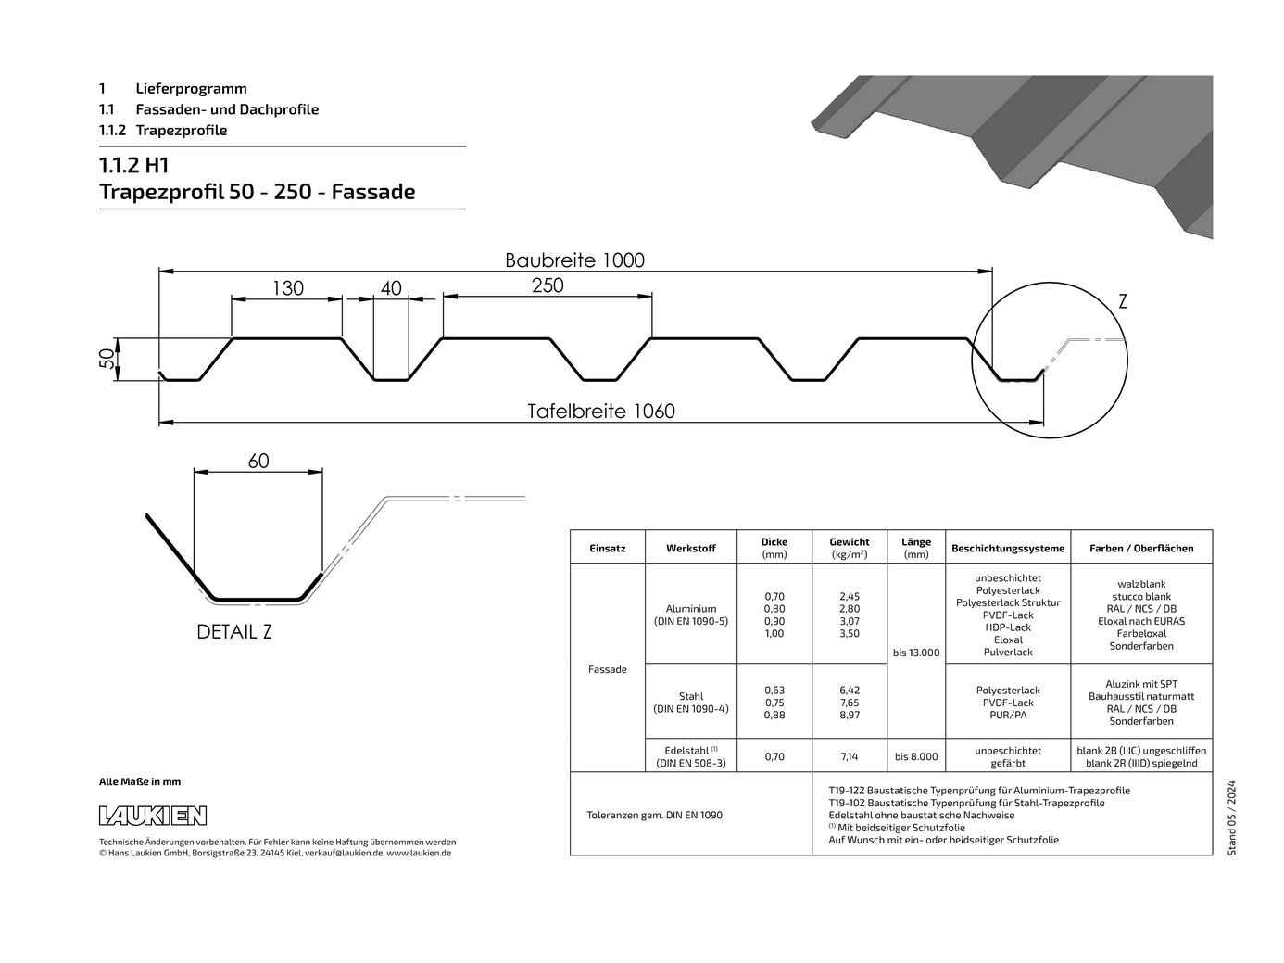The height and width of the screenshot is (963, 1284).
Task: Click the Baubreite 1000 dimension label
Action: (x=574, y=260)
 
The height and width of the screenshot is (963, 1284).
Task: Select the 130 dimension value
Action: (x=288, y=288)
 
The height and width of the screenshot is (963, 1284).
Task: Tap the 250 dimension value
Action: (x=548, y=285)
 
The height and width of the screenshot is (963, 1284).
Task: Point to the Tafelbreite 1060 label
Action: (x=600, y=412)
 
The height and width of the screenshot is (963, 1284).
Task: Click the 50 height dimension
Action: (x=107, y=359)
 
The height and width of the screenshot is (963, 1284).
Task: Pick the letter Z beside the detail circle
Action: (x=1122, y=301)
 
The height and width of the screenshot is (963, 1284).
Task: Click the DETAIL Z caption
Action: (x=234, y=632)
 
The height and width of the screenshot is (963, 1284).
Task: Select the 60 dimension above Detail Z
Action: (x=258, y=461)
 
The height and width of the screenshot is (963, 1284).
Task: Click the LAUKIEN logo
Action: (x=153, y=816)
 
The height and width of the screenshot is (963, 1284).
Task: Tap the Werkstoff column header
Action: (x=691, y=548)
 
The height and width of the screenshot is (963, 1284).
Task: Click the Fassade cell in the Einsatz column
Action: (x=607, y=669)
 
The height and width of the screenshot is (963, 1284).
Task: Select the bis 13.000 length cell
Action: (x=916, y=653)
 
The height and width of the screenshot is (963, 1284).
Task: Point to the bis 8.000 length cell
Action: (x=916, y=756)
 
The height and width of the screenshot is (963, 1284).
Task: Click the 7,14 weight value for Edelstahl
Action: (x=850, y=756)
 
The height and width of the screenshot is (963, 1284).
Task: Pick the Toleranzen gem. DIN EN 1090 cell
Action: (x=655, y=815)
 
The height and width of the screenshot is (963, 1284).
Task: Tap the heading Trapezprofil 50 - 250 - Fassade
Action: (x=258, y=191)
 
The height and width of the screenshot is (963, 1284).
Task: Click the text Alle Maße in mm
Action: (x=140, y=781)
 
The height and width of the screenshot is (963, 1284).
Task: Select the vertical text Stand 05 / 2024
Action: (x=1232, y=817)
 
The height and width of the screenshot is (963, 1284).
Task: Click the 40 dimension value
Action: (x=391, y=288)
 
